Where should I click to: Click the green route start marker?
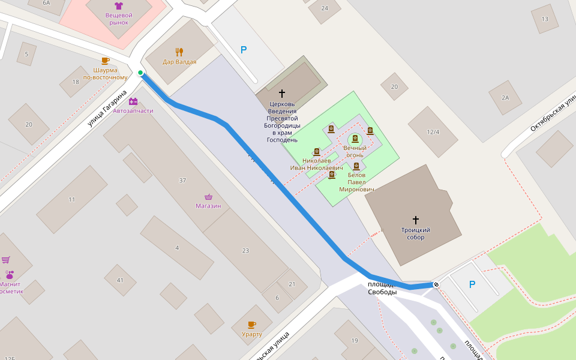[140, 73]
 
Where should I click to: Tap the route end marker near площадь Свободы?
[436, 284]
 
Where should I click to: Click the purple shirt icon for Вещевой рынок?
[118, 6]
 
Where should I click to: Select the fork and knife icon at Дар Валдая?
[179, 52]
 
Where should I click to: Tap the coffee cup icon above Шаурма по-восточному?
[105, 61]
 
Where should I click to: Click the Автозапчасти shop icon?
[133, 101]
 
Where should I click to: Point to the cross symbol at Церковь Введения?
[282, 94]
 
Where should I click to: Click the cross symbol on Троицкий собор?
[415, 220]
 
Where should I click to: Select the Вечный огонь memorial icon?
[355, 139]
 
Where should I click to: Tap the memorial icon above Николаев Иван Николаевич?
[317, 152]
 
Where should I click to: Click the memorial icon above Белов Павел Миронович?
[356, 166]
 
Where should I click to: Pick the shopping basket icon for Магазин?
[208, 197]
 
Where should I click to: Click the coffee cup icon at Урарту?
[251, 325]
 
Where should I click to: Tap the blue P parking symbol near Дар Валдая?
[244, 50]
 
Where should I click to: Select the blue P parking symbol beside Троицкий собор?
[472, 284]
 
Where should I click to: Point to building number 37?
[182, 180]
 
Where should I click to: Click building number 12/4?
[433, 132]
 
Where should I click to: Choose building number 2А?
[505, 98]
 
